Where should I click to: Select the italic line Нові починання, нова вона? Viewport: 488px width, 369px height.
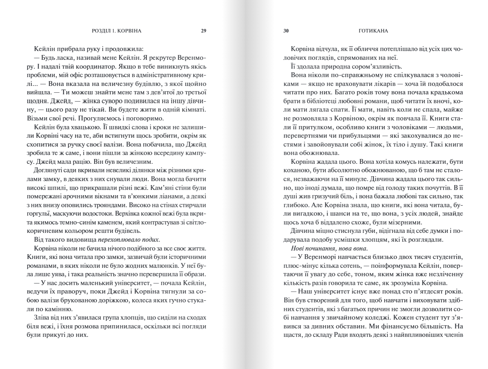(320, 249)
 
